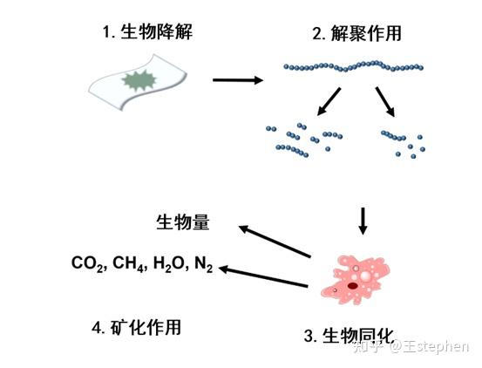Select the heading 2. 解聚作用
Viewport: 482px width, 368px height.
tap(352, 36)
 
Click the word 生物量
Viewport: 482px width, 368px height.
tap(182, 221)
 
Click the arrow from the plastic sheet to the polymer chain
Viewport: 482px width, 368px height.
tap(237, 80)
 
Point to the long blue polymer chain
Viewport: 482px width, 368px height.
tap(353, 65)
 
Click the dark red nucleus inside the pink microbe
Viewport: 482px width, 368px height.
tap(351, 284)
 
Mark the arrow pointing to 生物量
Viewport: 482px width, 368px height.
tap(275, 241)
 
